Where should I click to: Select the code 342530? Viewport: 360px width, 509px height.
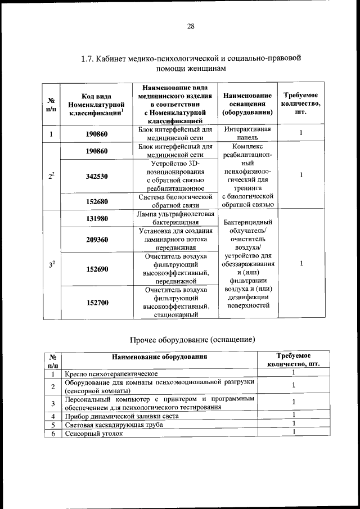click(x=97, y=176)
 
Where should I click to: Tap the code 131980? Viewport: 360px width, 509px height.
click(x=97, y=218)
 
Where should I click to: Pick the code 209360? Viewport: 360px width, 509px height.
click(x=97, y=239)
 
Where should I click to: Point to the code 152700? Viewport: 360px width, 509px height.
click(x=97, y=303)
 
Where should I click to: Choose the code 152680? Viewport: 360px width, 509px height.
click(x=97, y=201)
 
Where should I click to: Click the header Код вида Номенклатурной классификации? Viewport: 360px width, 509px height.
click(x=97, y=105)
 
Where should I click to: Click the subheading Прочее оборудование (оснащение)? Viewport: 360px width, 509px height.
click(x=193, y=340)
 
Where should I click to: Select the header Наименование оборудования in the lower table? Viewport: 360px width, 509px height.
click(x=159, y=357)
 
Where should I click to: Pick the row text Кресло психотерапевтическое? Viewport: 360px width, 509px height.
click(x=111, y=373)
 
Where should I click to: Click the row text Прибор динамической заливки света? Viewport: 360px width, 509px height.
click(x=120, y=416)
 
